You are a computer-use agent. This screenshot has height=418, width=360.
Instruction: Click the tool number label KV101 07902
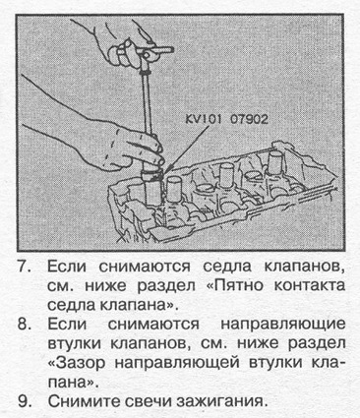click(x=226, y=119)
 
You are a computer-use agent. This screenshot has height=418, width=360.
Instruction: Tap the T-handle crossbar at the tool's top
click(x=155, y=51)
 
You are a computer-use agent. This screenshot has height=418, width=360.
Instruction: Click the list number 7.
click(x=25, y=267)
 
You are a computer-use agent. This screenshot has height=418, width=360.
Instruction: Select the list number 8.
click(x=25, y=325)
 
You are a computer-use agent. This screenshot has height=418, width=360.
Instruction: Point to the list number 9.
click(x=25, y=401)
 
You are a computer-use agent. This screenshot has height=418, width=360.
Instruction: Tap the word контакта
click(x=309, y=286)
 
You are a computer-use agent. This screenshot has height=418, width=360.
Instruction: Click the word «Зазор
click(x=78, y=363)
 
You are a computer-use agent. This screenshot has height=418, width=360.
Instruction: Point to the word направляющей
click(x=180, y=364)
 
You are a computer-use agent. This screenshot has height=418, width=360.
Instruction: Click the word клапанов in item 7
click(x=304, y=268)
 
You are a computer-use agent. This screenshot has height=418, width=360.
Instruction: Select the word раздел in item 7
click(x=166, y=286)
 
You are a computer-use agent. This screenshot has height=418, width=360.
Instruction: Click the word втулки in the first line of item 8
click(x=76, y=343)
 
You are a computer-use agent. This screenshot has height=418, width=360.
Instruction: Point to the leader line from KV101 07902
click(x=186, y=149)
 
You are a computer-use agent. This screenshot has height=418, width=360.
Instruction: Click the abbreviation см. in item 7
click(x=62, y=286)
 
